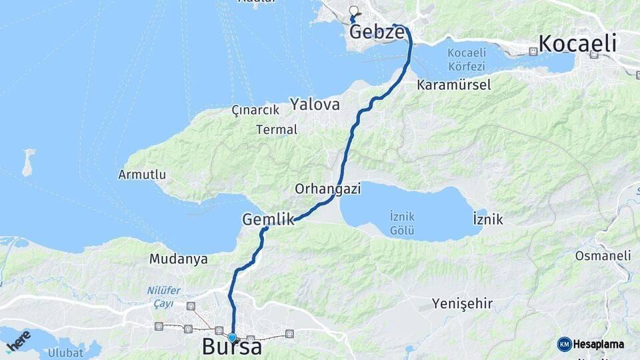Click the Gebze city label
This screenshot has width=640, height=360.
pos(377,32)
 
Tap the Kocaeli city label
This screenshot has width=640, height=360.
pos(577,44)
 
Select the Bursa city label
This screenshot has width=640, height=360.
pos(231,347)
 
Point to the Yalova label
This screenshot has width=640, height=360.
pos(315,104)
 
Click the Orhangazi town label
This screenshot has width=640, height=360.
pos(328,189)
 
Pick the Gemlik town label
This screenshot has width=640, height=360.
pos(269,219)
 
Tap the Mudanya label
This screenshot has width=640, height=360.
pos(179,259)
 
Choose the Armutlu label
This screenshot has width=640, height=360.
pos(142,175)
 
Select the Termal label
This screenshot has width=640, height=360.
pos(277,130)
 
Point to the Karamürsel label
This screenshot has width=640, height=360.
pos(453,85)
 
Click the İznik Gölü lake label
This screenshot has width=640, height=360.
pos(403,223)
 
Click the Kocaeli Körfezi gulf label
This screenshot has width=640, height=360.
pos(467,60)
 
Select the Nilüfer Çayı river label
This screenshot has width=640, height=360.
pos(160,297)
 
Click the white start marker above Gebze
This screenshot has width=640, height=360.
pos(353,11)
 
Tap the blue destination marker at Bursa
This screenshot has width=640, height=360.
pos(232,337)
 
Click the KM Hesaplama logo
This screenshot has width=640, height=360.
pos(591,344)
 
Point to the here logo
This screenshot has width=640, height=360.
pos(19,340)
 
